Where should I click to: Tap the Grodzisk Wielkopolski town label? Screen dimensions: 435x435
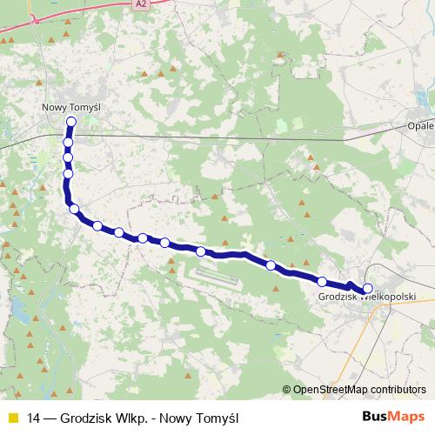(365, 298)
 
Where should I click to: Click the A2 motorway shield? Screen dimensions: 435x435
(140, 4)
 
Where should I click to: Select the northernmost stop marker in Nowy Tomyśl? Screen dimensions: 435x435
(71, 122)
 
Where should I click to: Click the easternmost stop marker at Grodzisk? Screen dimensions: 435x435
(367, 288)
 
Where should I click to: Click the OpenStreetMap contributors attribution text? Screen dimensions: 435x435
(360, 390)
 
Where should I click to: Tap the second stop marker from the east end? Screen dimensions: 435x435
(322, 281)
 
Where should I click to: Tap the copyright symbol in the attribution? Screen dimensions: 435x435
(287, 390)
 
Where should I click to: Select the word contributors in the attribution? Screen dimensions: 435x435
(399, 390)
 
